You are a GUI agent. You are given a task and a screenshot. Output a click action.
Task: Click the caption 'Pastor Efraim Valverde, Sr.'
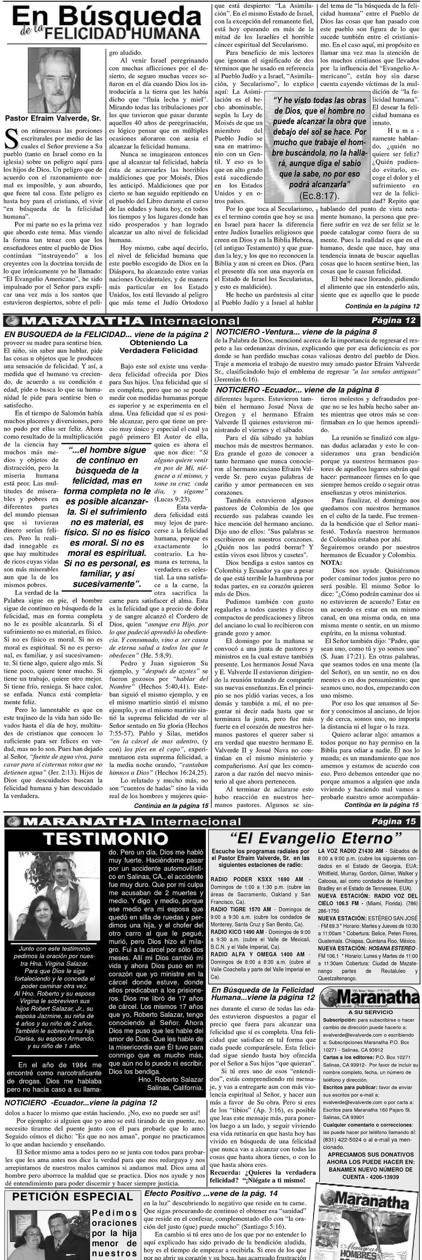tap(53, 118)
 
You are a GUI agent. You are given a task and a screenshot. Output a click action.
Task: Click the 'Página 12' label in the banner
tap(393, 321)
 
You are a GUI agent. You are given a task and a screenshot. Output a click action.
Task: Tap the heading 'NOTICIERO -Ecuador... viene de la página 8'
tap(297, 390)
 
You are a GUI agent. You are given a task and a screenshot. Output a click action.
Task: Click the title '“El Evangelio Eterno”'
tap(316, 838)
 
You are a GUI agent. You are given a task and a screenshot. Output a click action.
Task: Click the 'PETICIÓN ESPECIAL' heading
tap(73, 1197)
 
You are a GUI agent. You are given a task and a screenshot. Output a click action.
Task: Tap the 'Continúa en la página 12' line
tap(382, 306)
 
